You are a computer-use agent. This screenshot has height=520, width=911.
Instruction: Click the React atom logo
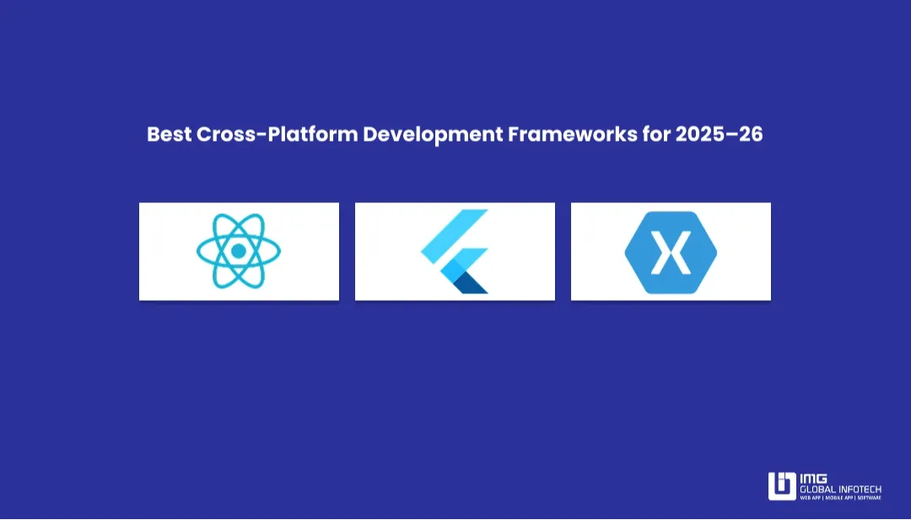tap(239, 251)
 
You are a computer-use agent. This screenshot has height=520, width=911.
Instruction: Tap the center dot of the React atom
tap(239, 251)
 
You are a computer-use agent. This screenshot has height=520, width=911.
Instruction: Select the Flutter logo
tap(455, 251)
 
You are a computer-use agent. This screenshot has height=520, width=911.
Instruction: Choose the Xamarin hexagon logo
tap(671, 251)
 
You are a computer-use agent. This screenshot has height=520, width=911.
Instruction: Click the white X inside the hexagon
tap(671, 251)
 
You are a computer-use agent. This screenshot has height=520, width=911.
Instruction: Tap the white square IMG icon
tap(781, 486)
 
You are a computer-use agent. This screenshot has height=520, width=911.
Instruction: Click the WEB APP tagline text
tap(811, 498)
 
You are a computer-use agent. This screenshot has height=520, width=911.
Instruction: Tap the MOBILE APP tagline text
tap(840, 498)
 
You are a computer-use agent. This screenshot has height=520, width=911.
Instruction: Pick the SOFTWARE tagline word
tap(870, 498)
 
